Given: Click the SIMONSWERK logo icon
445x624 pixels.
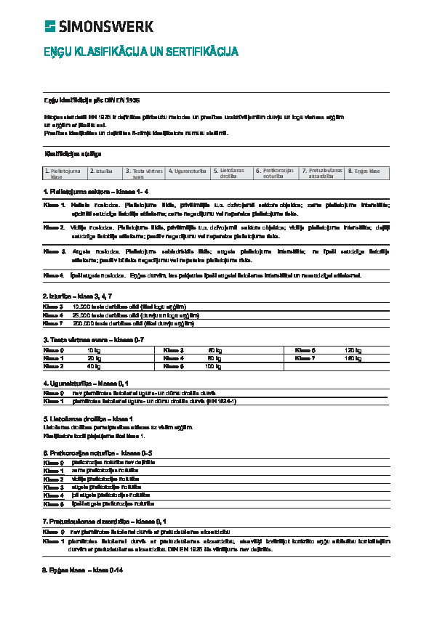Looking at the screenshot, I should click(49, 27).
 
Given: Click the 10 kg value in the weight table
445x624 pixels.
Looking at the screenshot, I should click(93, 350).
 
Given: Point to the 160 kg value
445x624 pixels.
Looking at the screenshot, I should click(353, 358).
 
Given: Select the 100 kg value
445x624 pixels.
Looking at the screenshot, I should click(213, 367).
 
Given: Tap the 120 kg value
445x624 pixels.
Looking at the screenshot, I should click(353, 350).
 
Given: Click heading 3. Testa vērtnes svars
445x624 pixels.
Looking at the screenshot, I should click(93, 340).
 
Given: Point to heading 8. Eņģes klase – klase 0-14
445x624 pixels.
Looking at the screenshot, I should click(82, 570).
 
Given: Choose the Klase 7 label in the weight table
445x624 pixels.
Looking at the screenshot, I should click(305, 358).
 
